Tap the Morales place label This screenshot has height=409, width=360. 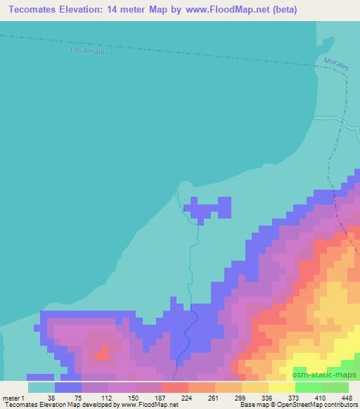(x=336, y=63)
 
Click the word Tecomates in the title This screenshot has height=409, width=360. (x=36, y=10)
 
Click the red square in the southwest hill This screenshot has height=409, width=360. (x=103, y=352)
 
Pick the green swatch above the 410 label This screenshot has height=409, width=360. (x=309, y=387)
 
